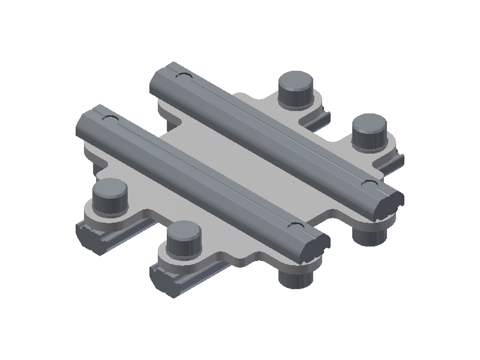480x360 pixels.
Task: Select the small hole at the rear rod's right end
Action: pos(368,182)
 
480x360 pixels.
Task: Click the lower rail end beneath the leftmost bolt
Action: pos(91,235)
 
